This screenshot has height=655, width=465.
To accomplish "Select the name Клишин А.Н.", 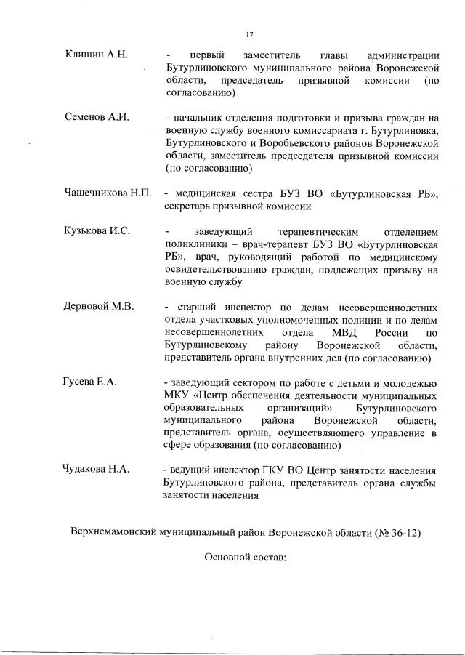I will pyautogui.click(x=96, y=54).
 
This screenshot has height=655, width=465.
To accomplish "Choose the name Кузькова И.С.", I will pyautogui.click(x=97, y=231).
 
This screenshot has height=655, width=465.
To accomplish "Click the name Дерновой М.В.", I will pyautogui.click(x=99, y=306).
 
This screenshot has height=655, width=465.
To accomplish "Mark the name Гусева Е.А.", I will pyautogui.click(x=91, y=382).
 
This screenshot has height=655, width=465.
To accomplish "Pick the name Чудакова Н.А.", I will pyautogui.click(x=97, y=469).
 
